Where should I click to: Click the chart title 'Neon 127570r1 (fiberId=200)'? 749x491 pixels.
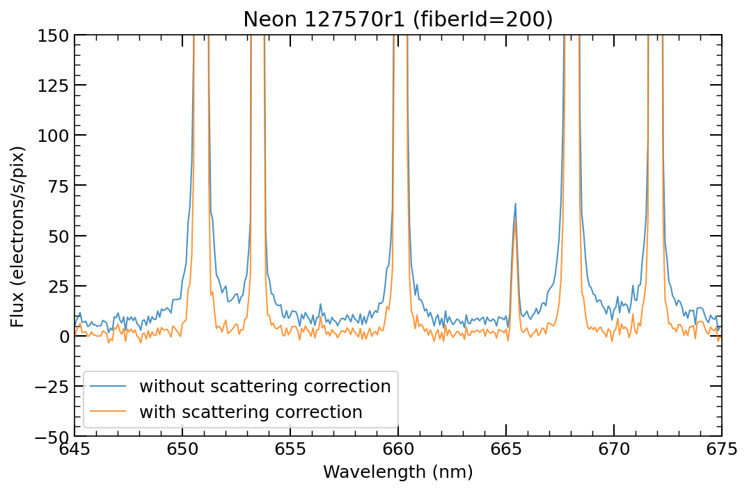coord(397,19)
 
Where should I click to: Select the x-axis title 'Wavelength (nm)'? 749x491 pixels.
coord(397,472)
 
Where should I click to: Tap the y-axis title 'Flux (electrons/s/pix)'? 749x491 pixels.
coord(18,236)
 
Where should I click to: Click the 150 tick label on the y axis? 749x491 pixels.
coord(53,35)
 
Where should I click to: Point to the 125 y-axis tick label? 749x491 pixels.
coord(53,85)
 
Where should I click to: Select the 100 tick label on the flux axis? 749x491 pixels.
coord(53,135)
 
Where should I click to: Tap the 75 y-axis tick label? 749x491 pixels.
coord(58,186)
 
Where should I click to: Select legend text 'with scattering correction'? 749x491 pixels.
coord(251,412)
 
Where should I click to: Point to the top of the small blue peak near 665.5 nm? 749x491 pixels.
coord(515,203)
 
